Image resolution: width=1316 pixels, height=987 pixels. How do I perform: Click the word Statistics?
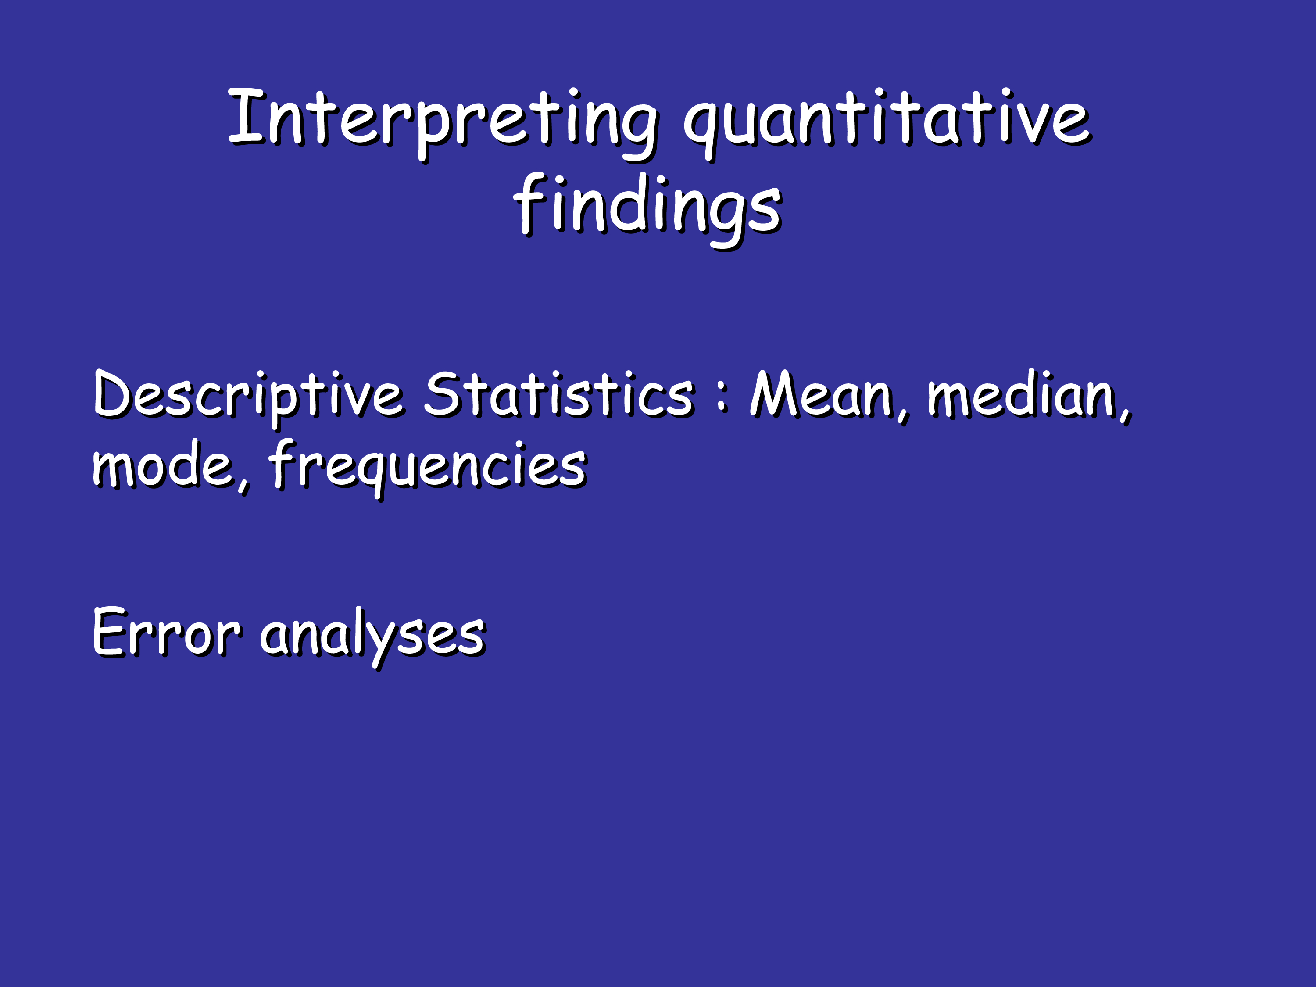click(x=559, y=394)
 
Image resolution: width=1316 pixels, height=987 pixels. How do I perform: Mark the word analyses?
click(x=373, y=637)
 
